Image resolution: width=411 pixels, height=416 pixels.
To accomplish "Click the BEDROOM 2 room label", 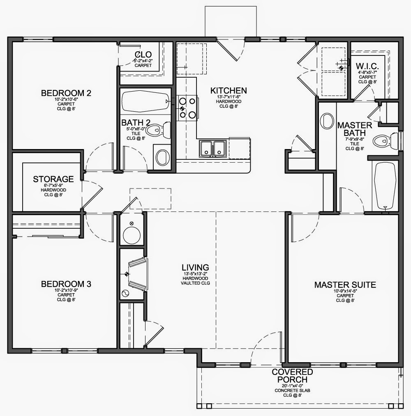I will (x=66, y=93).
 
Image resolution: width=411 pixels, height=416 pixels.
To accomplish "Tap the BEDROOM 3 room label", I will (x=66, y=284).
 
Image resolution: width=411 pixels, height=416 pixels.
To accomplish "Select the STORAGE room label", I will (x=53, y=179).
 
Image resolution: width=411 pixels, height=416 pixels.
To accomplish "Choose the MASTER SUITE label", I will (x=345, y=285).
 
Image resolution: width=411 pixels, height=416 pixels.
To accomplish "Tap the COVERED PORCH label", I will (x=293, y=375).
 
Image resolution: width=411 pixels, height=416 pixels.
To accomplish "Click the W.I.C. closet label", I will (x=367, y=67).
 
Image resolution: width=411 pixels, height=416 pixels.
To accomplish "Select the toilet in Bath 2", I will (x=156, y=130).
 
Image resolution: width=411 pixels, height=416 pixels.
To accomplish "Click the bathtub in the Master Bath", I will (x=385, y=186).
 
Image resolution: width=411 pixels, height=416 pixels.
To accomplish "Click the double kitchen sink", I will (x=212, y=148).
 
